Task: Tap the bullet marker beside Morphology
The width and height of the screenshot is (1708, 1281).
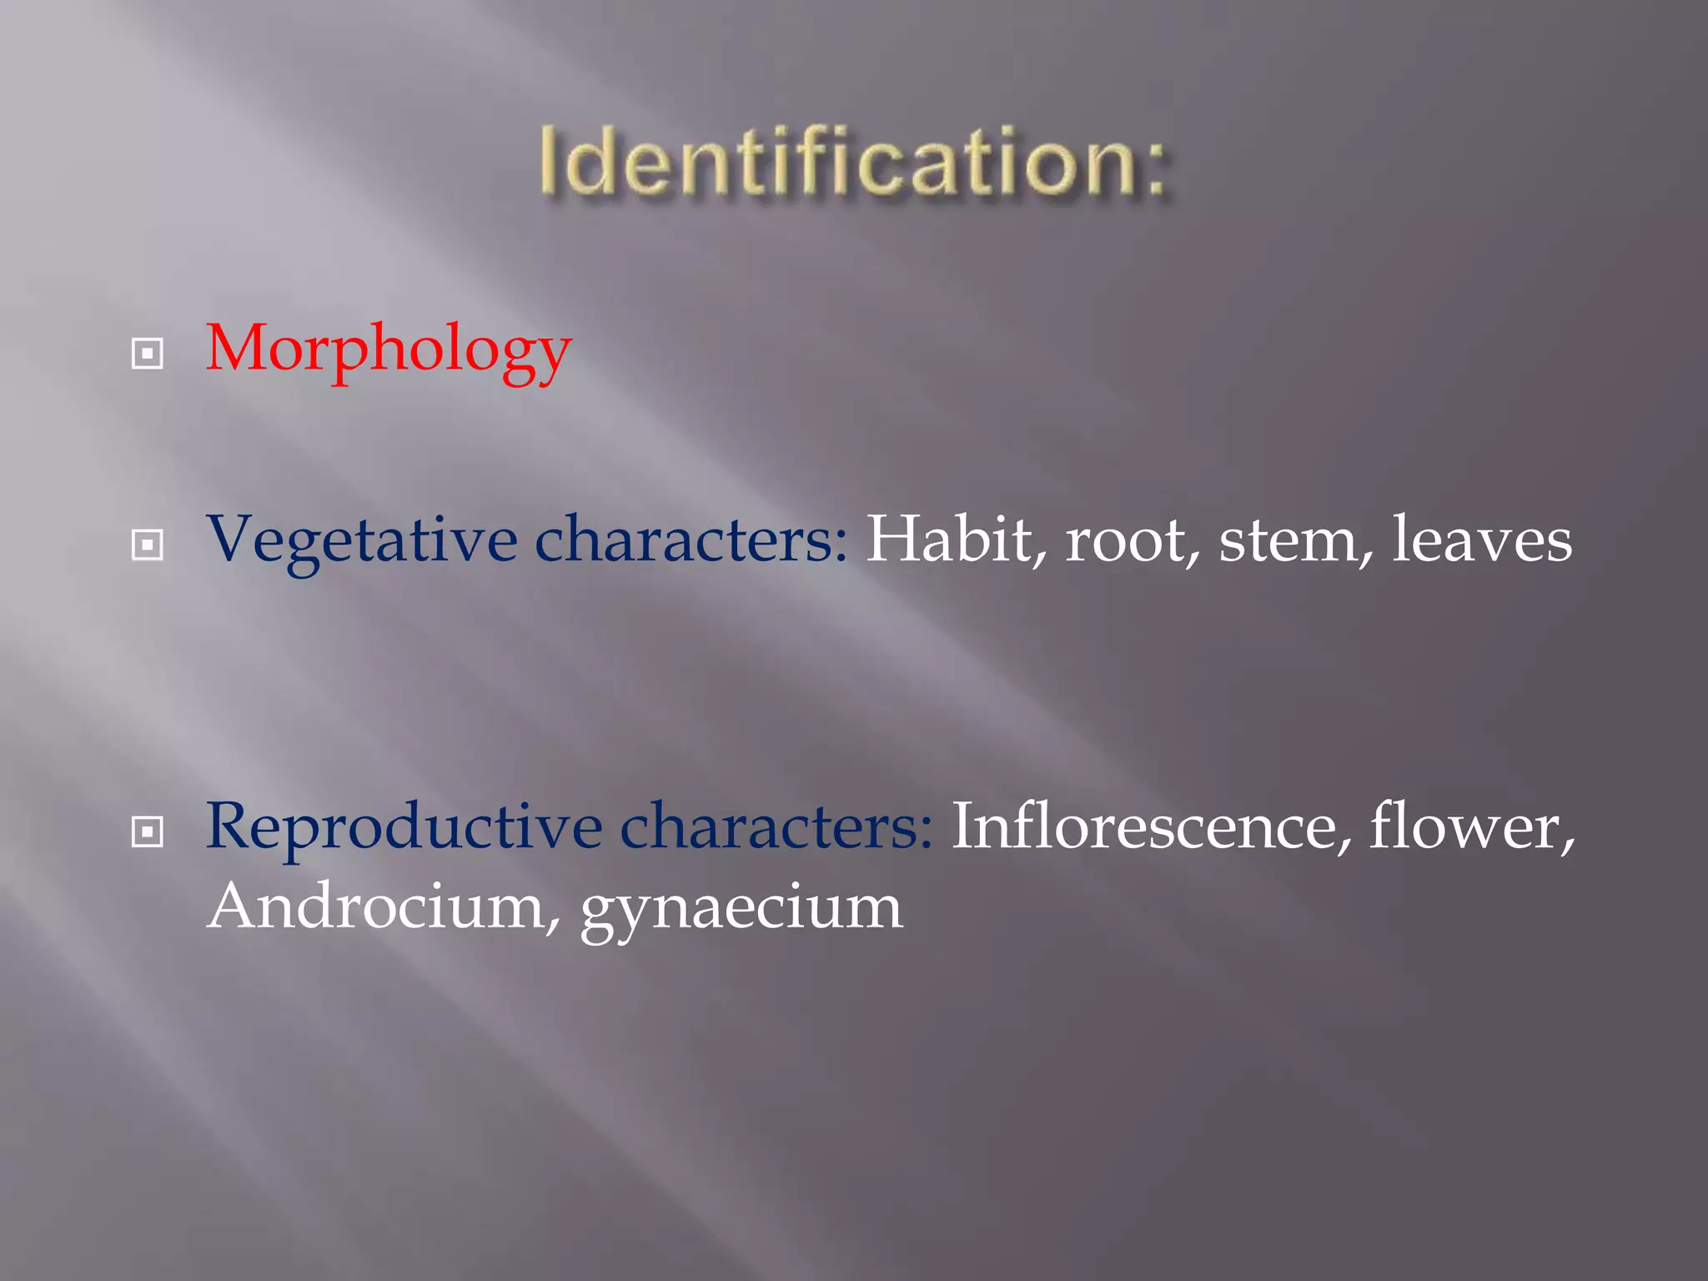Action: [x=148, y=354]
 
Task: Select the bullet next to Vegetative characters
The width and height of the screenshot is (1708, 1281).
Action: [x=148, y=545]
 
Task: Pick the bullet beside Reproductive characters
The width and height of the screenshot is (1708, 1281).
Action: [x=148, y=831]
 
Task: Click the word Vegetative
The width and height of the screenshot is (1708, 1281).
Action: [x=361, y=540]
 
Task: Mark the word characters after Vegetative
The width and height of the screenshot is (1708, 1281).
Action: [x=691, y=540]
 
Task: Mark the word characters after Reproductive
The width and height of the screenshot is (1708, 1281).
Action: [x=776, y=827]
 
